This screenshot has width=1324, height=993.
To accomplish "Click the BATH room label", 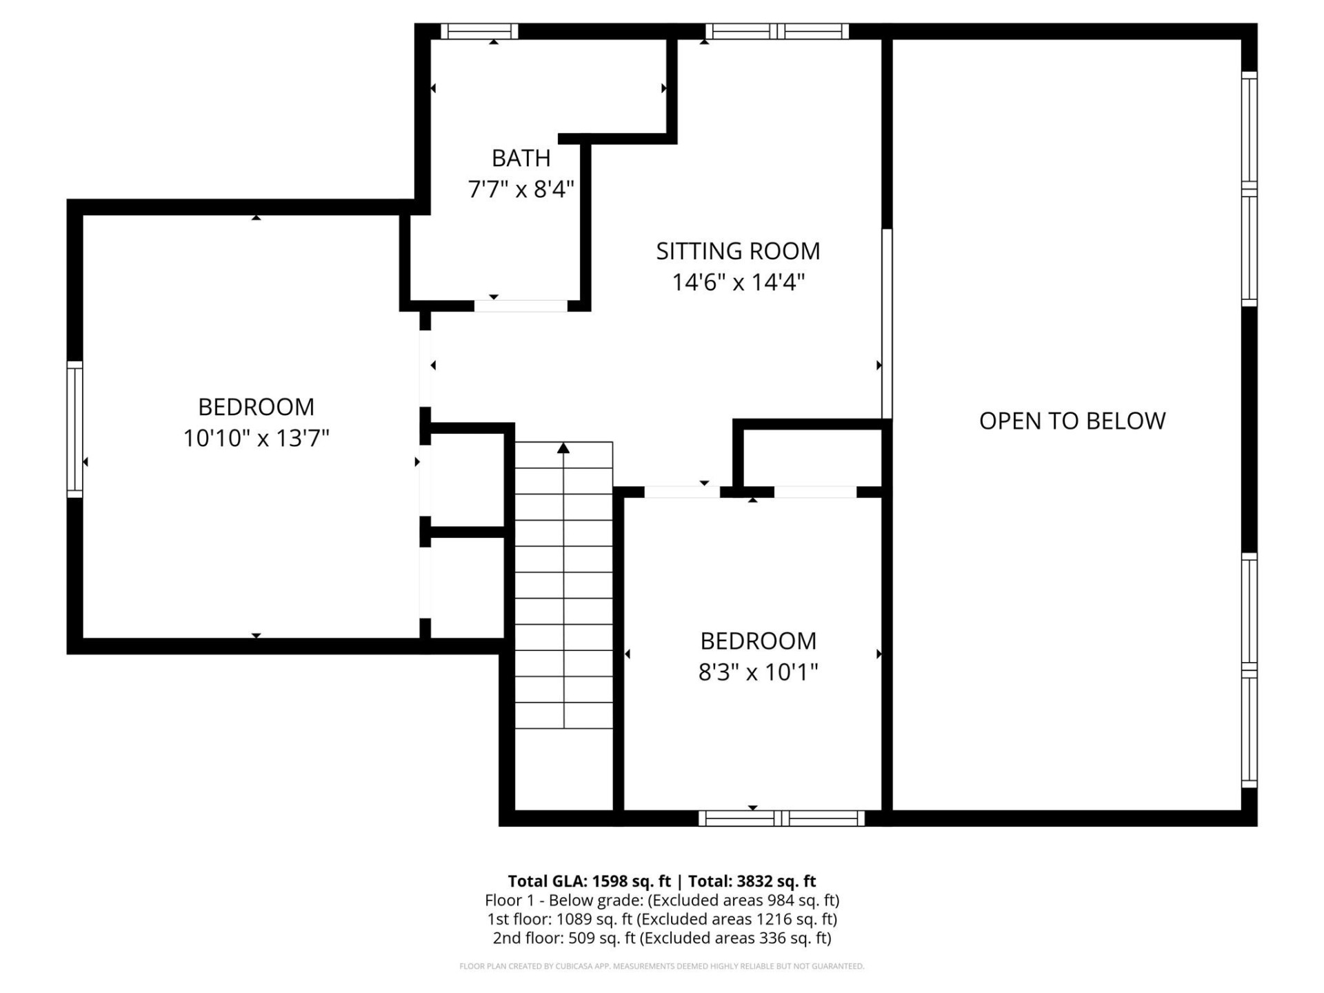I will point(521,158).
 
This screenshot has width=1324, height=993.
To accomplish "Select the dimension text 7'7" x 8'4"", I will point(521,189).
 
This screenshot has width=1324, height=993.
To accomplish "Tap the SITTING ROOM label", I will point(738,251).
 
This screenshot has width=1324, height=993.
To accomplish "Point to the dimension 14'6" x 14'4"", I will point(738,282).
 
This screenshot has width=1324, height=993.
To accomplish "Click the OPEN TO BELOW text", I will point(1072,421).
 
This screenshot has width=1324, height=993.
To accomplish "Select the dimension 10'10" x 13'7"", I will point(256,438).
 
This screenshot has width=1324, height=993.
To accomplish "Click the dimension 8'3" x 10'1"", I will point(758,672).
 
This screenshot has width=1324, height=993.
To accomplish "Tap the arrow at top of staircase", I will point(563,449).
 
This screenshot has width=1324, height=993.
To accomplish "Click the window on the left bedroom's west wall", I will point(74,428).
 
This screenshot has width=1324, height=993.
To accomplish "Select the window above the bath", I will point(479,31).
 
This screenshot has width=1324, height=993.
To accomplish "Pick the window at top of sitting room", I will point(777,31).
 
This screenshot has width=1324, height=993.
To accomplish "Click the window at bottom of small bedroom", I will point(781,819).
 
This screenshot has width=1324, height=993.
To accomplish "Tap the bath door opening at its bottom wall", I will point(521,305).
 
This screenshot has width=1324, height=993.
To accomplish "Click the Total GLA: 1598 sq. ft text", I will point(589,881).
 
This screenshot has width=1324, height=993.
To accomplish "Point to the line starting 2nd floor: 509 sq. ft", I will point(661,938).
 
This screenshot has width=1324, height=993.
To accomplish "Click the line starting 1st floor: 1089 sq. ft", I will point(661,919).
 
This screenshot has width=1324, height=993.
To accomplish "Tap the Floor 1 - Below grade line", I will point(661,900).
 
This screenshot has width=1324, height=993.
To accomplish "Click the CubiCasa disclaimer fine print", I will point(661,966).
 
